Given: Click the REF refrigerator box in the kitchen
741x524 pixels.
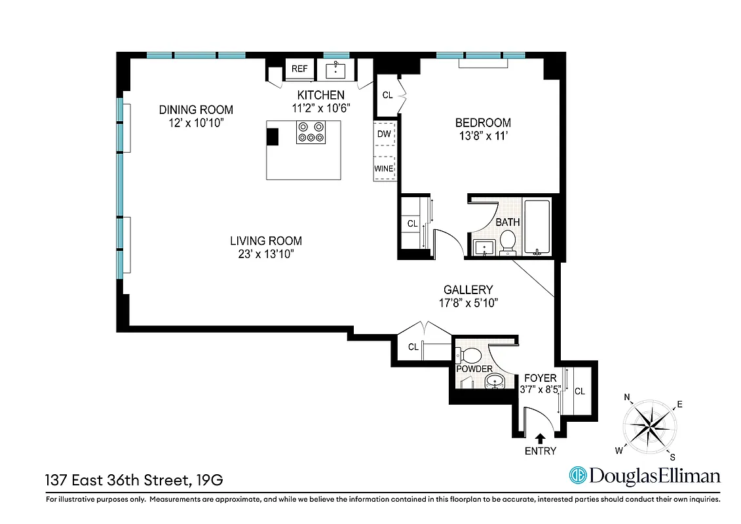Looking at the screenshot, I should [299, 69].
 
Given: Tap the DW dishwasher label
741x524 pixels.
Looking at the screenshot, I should [384, 134].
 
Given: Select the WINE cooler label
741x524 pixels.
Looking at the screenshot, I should [383, 168].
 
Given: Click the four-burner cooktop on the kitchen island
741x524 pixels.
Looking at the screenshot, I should [311, 132].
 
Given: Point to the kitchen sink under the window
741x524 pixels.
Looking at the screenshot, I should [337, 69].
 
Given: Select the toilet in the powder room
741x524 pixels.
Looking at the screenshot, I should [470, 356].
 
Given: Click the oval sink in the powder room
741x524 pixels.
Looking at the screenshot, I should [496, 381].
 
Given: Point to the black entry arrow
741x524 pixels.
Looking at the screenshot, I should [541, 438].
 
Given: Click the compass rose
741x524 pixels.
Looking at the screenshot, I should [651, 425].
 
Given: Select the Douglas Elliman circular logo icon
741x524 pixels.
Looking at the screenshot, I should [577, 476].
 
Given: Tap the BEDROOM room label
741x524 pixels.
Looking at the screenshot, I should [483, 122].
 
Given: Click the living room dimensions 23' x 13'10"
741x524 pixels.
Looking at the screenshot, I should [265, 253].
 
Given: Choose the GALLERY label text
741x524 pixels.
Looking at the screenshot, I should [468, 290].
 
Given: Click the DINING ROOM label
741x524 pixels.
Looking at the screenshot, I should [196, 109].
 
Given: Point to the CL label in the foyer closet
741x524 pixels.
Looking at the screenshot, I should [579, 391].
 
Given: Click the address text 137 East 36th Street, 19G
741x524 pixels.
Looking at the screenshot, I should [134, 480].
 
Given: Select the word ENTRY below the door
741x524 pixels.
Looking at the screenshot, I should [540, 451].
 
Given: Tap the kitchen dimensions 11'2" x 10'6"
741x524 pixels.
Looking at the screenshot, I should [321, 108].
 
